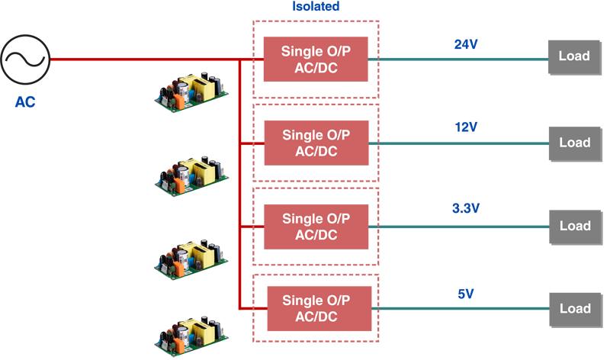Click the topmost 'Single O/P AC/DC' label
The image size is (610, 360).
click(x=316, y=59)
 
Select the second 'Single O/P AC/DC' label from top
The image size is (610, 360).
click(x=316, y=143)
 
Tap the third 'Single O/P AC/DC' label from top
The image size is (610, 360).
click(x=316, y=227)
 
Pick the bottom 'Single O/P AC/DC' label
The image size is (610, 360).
click(x=316, y=309)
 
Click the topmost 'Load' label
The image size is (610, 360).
click(x=574, y=56)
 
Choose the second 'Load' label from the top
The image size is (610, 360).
click(x=574, y=143)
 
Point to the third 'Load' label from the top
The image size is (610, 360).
click(x=574, y=226)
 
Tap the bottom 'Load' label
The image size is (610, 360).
click(x=574, y=309)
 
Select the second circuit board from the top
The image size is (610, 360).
click(x=190, y=181)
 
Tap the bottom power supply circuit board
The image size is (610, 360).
click(x=190, y=333)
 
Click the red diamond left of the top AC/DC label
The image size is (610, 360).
click(x=259, y=59)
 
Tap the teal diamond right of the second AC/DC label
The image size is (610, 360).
click(x=374, y=143)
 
